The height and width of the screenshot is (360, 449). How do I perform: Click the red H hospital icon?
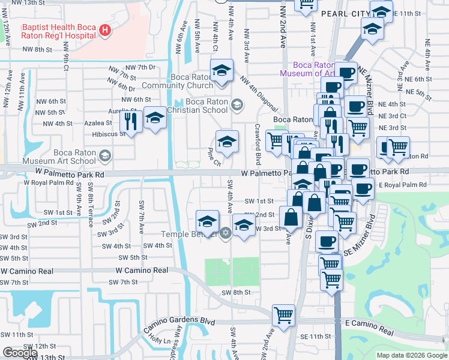pos(106,30)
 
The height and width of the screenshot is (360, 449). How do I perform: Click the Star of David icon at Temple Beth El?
pos(226,233)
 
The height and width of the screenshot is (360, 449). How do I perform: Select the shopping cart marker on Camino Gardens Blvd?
pos(283,314)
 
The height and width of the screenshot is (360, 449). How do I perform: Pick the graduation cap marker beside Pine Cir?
pos(226,142)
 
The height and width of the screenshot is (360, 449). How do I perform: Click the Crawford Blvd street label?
pos(258,146)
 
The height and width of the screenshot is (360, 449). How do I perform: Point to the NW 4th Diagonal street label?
pos(258,94)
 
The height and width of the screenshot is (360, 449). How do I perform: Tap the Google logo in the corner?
pos(20,352)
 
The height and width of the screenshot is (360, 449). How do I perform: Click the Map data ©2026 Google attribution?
pos(412,355)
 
